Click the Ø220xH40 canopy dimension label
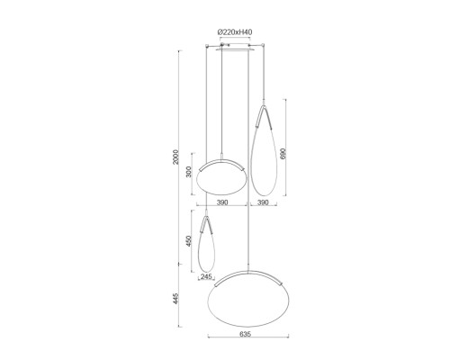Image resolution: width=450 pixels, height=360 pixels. [x=235, y=32]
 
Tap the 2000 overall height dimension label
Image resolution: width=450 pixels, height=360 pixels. [x=175, y=157]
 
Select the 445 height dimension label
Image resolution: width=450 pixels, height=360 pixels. [x=175, y=299]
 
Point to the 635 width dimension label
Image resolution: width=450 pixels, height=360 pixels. [x=245, y=334]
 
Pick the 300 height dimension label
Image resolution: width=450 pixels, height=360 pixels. [x=189, y=172]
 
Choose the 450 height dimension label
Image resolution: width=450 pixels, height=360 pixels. [x=189, y=240]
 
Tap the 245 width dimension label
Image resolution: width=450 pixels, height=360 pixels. [x=206, y=276]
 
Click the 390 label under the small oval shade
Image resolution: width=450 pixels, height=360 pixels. [x=222, y=202]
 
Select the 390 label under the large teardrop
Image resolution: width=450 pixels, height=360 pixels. [x=263, y=202]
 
